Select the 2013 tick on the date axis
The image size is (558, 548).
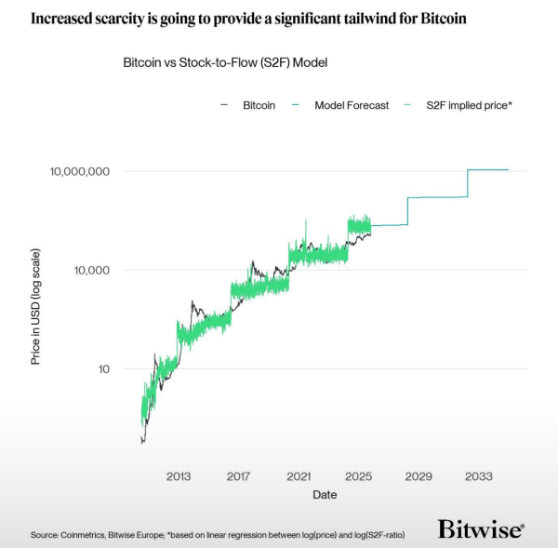[179, 476]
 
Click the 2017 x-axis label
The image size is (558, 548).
[239, 476]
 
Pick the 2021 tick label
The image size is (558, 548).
[299, 476]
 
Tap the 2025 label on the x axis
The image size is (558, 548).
[359, 476]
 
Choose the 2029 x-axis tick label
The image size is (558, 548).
[418, 476]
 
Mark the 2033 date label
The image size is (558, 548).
[479, 476]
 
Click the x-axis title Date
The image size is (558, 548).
[325, 495]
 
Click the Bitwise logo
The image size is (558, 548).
[480, 529]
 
